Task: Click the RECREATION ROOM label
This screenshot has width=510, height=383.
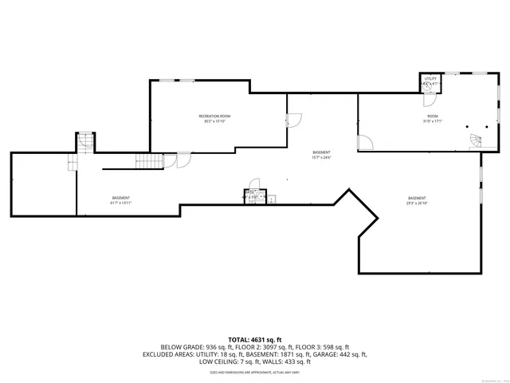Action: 214,116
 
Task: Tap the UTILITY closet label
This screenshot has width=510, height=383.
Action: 430,78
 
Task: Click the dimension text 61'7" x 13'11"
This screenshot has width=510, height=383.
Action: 121,203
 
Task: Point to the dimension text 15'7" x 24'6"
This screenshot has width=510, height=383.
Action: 321,157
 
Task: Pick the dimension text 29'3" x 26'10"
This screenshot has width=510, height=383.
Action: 417,203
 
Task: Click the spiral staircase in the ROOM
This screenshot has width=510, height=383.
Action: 477,140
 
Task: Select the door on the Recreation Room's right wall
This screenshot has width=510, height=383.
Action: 293,120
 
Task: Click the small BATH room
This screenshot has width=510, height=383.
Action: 250,197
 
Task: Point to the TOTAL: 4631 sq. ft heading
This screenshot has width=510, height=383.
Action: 255,340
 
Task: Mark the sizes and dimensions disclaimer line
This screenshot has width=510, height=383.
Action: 255,372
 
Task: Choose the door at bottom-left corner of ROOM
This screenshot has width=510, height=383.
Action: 366,144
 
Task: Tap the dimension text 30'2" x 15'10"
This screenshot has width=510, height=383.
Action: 214,122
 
